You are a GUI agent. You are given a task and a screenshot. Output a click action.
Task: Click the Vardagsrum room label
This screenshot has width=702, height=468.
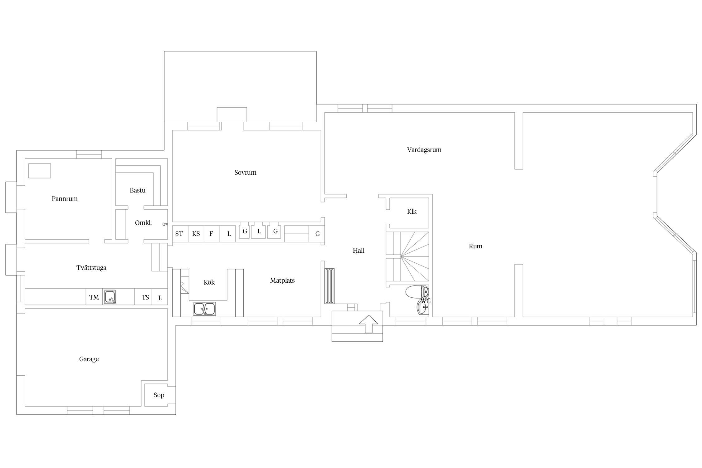[424, 150]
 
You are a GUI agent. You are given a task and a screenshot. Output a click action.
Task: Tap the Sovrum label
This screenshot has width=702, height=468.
[245, 173]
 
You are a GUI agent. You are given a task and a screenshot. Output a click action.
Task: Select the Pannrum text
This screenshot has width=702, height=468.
[65, 199]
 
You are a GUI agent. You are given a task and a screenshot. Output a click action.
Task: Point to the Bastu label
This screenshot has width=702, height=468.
[138, 190]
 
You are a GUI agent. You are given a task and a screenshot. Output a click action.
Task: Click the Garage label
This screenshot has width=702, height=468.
[89, 359]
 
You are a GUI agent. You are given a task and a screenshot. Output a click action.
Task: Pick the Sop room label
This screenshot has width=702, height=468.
[159, 395]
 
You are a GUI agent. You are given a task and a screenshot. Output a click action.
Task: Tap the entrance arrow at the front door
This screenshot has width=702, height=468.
[369, 324]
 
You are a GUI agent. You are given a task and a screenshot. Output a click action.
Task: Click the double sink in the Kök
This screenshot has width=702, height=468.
[204, 309]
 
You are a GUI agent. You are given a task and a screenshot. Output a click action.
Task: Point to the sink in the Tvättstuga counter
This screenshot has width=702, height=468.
[110, 297]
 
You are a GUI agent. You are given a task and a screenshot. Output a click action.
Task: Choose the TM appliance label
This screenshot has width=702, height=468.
[94, 297]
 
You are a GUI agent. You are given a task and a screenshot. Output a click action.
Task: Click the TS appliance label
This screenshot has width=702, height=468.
[145, 297]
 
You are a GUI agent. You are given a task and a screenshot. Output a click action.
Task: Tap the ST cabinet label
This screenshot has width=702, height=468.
[179, 234]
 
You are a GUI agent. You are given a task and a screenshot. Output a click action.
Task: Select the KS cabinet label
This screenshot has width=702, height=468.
[196, 234]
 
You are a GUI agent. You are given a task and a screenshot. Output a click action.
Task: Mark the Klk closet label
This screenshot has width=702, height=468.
[412, 212]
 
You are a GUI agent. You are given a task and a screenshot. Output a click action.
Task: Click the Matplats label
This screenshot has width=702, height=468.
[282, 280]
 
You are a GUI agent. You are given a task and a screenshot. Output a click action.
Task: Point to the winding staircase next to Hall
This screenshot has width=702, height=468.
[407, 256]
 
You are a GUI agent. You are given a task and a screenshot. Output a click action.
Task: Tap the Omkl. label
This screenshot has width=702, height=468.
[143, 223]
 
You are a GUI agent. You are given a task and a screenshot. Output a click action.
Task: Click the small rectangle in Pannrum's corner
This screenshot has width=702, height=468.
[40, 171]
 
